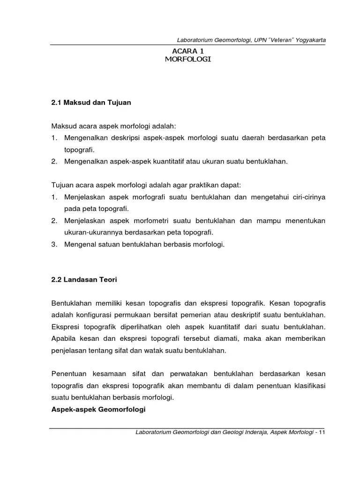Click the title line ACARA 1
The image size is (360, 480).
(x=188, y=51)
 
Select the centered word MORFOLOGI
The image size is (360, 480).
(x=188, y=60)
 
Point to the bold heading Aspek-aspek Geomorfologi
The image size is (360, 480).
(x=98, y=410)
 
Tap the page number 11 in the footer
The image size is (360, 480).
(x=322, y=432)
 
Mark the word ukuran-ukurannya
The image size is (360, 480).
(x=94, y=232)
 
